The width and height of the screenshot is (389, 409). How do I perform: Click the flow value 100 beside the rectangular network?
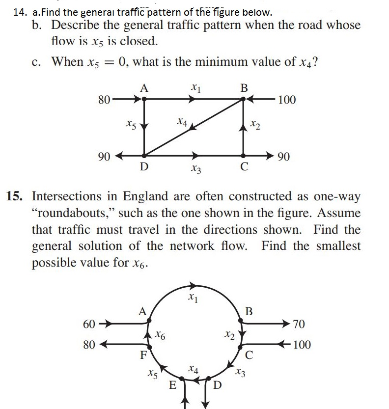[287, 100]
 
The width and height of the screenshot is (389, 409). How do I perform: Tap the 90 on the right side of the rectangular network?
[283, 157]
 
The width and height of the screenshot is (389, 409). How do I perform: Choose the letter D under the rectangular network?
[143, 166]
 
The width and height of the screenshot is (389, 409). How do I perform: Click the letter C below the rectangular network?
[244, 167]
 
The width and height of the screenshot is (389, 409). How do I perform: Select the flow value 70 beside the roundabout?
[298, 324]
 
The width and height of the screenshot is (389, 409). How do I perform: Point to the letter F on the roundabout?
[143, 354]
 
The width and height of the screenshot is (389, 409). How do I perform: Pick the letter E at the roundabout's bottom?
[172, 384]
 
